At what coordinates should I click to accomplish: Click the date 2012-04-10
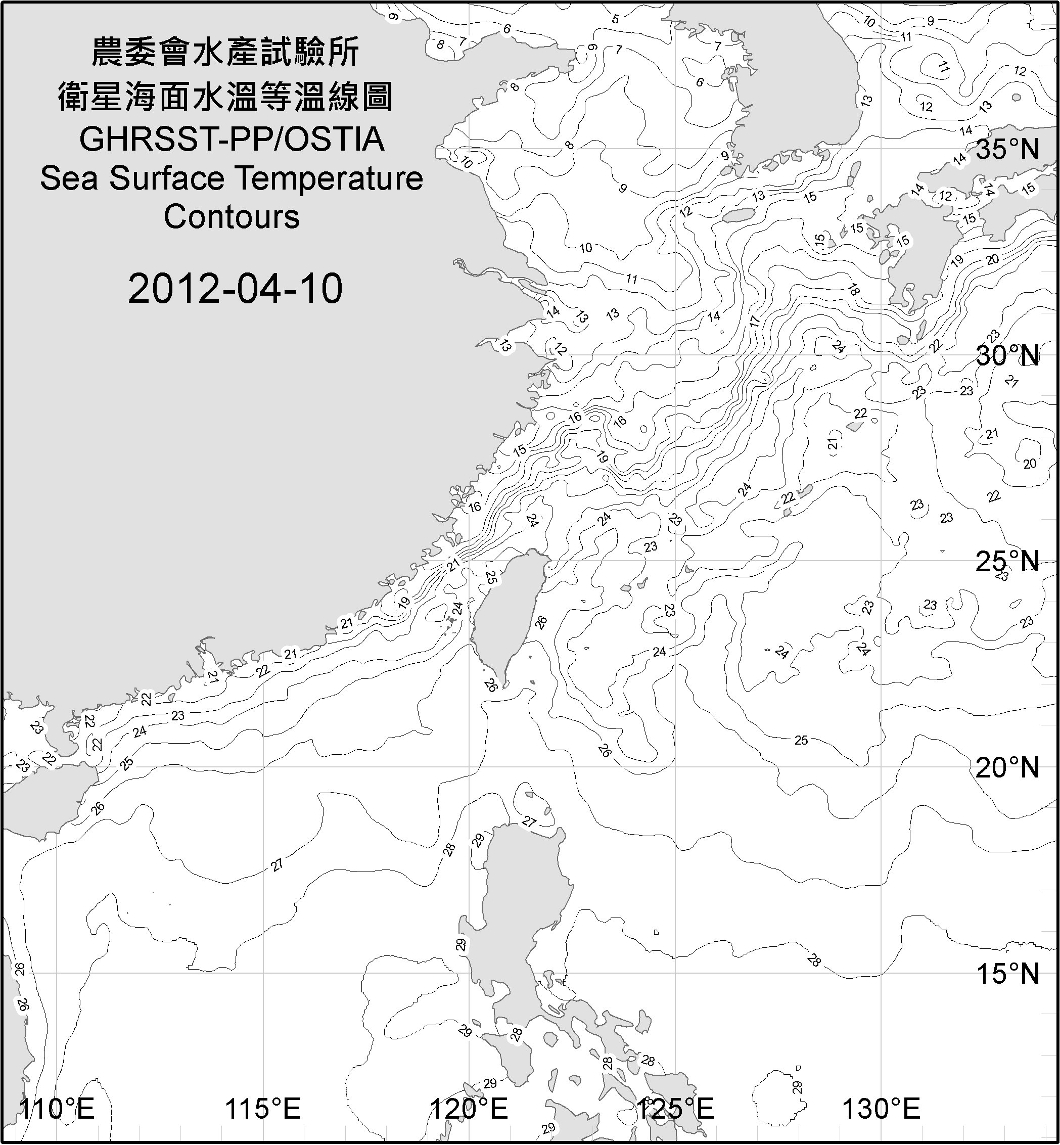(235, 289)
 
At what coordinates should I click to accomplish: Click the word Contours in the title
(232, 217)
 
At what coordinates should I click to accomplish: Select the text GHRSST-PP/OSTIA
(232, 140)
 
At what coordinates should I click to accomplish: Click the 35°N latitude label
(1007, 150)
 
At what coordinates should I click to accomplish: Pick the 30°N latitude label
(1007, 356)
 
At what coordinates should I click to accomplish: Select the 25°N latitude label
(1007, 562)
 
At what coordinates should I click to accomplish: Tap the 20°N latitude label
(1007, 767)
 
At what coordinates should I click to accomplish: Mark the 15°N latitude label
(1007, 974)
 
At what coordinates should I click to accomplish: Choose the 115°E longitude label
(263, 1109)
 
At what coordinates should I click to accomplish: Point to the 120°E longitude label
(469, 1109)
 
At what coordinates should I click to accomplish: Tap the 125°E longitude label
(675, 1109)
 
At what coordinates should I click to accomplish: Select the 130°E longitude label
(881, 1109)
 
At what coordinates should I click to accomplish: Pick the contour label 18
(853, 290)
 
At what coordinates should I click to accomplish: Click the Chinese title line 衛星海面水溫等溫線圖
(225, 97)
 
